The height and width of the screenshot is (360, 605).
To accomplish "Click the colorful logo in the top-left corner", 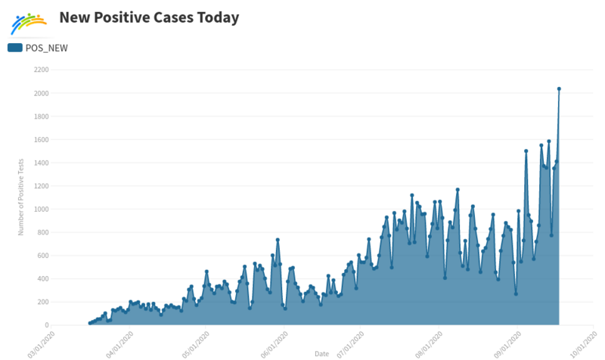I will (28, 23).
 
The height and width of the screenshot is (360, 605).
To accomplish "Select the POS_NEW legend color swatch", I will (15, 48).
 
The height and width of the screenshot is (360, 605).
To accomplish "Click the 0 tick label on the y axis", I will (47, 325).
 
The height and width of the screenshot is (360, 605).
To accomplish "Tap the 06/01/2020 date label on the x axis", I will (275, 342).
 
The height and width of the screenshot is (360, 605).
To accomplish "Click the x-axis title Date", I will (321, 353).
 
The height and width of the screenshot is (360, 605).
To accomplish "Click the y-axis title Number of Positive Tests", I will (21, 197).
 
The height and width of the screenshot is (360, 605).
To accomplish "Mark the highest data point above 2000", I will (559, 88).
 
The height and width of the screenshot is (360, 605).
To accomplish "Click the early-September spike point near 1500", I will (526, 151).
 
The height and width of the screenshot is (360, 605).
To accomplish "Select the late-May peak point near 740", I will (278, 240).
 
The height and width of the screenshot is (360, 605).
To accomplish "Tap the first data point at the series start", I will (89, 323).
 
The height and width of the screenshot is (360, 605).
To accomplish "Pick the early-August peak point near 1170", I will (458, 189).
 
